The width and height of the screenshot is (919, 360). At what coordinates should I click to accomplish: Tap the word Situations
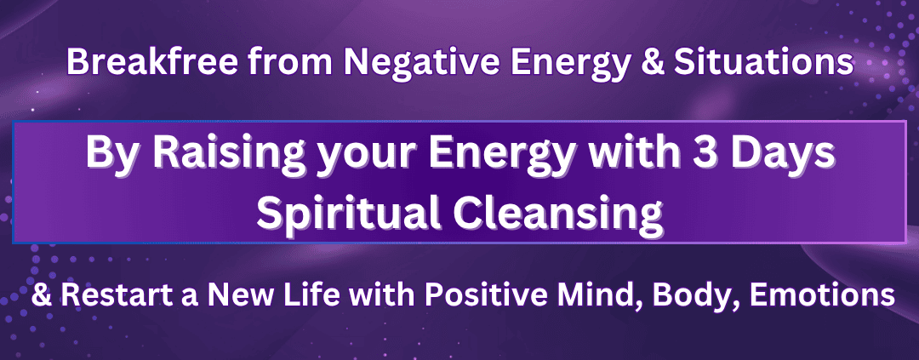(763, 63)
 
